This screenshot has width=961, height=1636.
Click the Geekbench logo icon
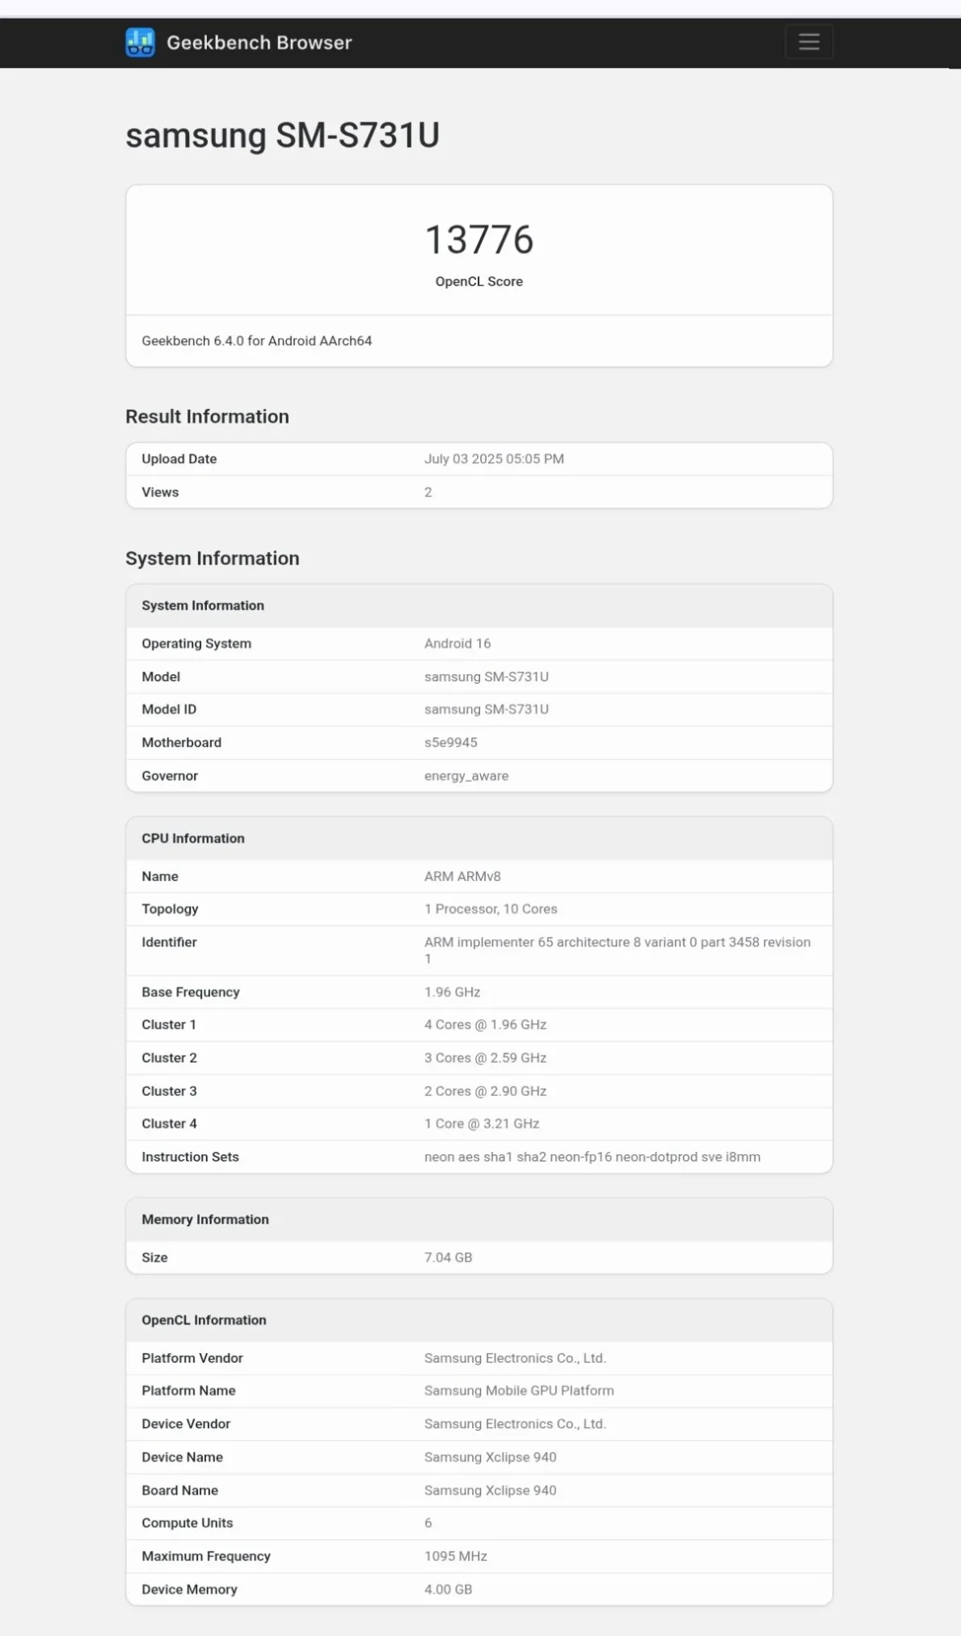point(140,43)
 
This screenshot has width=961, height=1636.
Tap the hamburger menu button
point(808,42)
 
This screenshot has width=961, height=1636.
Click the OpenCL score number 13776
point(479,240)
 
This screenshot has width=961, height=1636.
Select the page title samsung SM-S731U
point(282,135)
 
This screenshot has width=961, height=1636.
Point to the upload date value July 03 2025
point(494,459)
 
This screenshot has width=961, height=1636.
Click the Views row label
point(160,492)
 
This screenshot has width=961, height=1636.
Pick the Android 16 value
point(457,643)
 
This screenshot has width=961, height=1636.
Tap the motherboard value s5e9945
point(450,743)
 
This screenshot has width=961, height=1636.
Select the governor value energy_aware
point(466,776)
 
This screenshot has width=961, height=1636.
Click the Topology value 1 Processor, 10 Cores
point(491,909)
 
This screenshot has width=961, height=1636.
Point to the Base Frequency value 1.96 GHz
point(452,992)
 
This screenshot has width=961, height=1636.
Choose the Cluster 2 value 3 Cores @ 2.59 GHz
point(485,1058)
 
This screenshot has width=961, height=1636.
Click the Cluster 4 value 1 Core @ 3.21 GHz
point(482,1124)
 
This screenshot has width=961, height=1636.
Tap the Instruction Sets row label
point(190,1157)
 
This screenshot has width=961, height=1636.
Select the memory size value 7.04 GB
point(448,1258)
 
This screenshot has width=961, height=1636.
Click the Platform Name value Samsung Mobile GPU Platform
point(519,1391)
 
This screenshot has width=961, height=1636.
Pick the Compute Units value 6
point(428,1523)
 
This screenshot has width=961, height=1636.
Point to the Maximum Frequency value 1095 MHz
point(455,1556)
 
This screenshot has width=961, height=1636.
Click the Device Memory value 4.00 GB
point(448,1589)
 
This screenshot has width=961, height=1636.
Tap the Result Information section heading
point(207,416)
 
